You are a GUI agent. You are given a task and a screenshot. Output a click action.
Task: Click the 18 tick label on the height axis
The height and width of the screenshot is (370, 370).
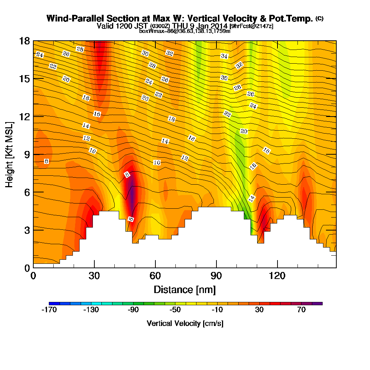24,41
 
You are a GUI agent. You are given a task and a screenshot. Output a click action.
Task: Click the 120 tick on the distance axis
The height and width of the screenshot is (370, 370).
277,268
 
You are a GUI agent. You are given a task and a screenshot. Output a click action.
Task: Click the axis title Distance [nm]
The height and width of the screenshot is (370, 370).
185,289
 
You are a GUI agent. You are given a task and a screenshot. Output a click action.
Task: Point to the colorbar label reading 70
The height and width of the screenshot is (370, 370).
301,310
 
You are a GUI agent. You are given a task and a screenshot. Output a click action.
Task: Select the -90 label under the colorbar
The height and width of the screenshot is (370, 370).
133,310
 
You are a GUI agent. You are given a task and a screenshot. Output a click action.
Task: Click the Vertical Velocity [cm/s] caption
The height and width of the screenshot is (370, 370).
185,323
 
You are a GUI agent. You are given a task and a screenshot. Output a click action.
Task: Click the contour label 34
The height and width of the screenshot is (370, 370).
224,56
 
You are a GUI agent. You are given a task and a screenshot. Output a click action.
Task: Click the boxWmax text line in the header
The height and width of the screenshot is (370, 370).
185,31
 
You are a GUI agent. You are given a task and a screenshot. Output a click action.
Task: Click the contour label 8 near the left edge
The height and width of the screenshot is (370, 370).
46,161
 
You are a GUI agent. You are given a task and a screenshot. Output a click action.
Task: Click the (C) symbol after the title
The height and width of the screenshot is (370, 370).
319,18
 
